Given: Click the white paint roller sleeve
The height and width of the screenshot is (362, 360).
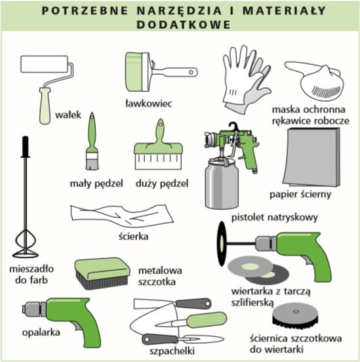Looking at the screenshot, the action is pos(45,64).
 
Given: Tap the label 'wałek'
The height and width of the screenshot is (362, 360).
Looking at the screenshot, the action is pos(68,115).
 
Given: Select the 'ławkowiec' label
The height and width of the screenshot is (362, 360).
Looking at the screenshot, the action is pos(149,104).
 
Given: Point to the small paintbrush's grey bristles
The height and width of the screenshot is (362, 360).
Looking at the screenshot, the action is pos(92,164).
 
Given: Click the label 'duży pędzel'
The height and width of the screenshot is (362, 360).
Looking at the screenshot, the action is pos(162,184).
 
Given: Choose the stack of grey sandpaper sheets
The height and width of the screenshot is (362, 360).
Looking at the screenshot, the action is pos(311,157).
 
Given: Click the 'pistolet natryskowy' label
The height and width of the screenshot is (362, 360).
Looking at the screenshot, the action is pos(275,218).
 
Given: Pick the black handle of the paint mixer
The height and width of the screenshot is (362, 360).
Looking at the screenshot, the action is pos(26,147).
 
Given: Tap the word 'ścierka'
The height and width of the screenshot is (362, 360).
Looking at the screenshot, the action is pos(134,236).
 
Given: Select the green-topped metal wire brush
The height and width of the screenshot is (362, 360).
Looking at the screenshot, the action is pos(102,273).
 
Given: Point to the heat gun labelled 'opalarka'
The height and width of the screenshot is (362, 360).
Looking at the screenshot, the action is pos(62,321).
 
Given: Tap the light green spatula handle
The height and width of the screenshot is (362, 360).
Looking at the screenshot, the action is pos(207,319).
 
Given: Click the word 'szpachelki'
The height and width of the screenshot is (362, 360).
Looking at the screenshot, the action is pos(172,351).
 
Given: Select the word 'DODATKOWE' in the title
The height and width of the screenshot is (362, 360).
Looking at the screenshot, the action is pos(184,25).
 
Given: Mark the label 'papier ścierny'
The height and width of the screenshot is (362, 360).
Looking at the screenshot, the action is pos(300,194).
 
